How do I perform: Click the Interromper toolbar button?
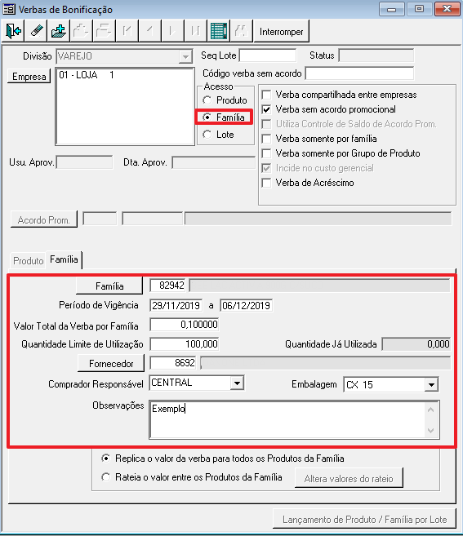[281, 32]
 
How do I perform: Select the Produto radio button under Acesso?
[207, 100]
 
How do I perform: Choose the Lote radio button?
[207, 135]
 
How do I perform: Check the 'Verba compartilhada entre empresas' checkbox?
[266, 95]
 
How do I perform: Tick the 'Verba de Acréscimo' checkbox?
[266, 183]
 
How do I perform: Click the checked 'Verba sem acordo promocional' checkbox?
[266, 109]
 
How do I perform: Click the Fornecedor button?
[111, 363]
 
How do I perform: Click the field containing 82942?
[167, 286]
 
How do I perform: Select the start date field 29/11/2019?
[176, 305]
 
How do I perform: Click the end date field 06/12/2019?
[246, 305]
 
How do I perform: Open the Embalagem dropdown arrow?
[431, 385]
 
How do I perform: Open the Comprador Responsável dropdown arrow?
[237, 383]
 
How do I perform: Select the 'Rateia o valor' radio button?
[105, 477]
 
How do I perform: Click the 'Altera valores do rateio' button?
[349, 478]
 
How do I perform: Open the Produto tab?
[28, 261]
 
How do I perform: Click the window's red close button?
[447, 9]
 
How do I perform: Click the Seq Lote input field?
[268, 55]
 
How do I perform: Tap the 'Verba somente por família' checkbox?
[266, 139]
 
